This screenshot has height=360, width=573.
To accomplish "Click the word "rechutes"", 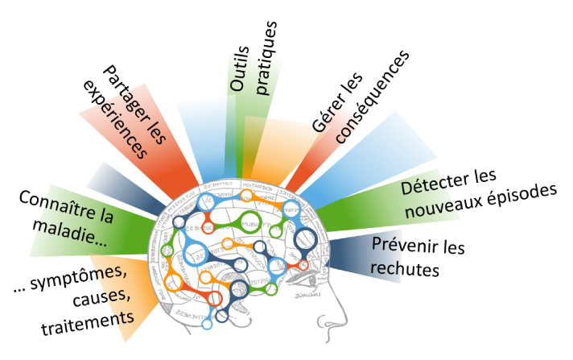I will tap(408, 267).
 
